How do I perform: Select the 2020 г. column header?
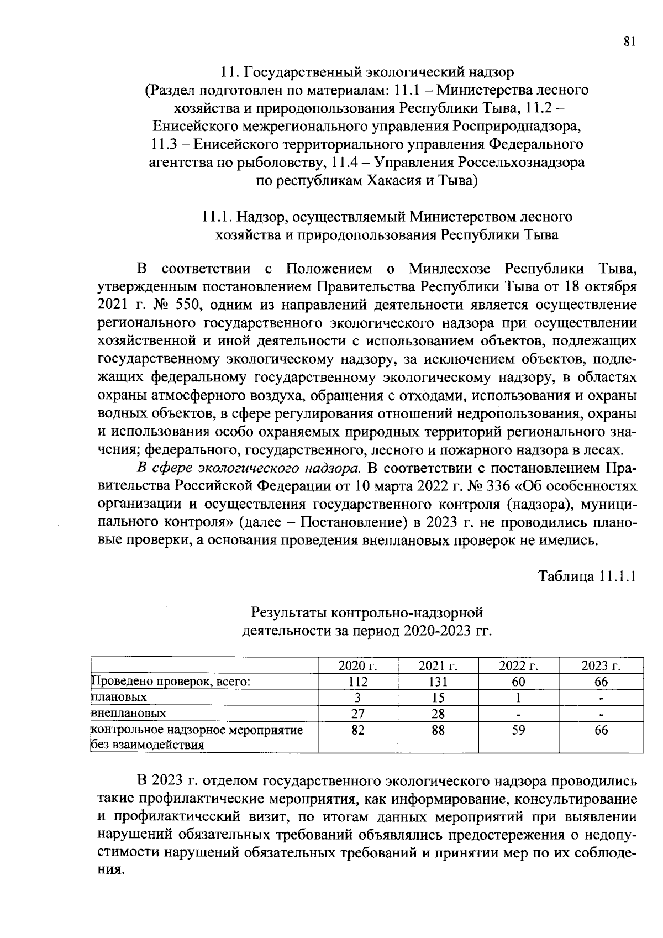coord(357,665)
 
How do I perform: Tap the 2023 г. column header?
coord(601,665)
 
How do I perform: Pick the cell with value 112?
coord(357,682)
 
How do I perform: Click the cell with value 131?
coord(438,682)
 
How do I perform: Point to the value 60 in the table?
coord(519,682)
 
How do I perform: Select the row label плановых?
coord(119,697)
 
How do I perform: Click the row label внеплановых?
coord(128,713)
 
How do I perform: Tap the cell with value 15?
coord(438,697)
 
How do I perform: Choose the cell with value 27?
coord(357,713)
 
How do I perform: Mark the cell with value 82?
coord(357,730)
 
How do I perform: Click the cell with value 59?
coord(519,730)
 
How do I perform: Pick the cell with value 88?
coord(438,730)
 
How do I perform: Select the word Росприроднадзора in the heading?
coord(517,127)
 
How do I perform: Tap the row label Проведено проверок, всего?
coord(171,682)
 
